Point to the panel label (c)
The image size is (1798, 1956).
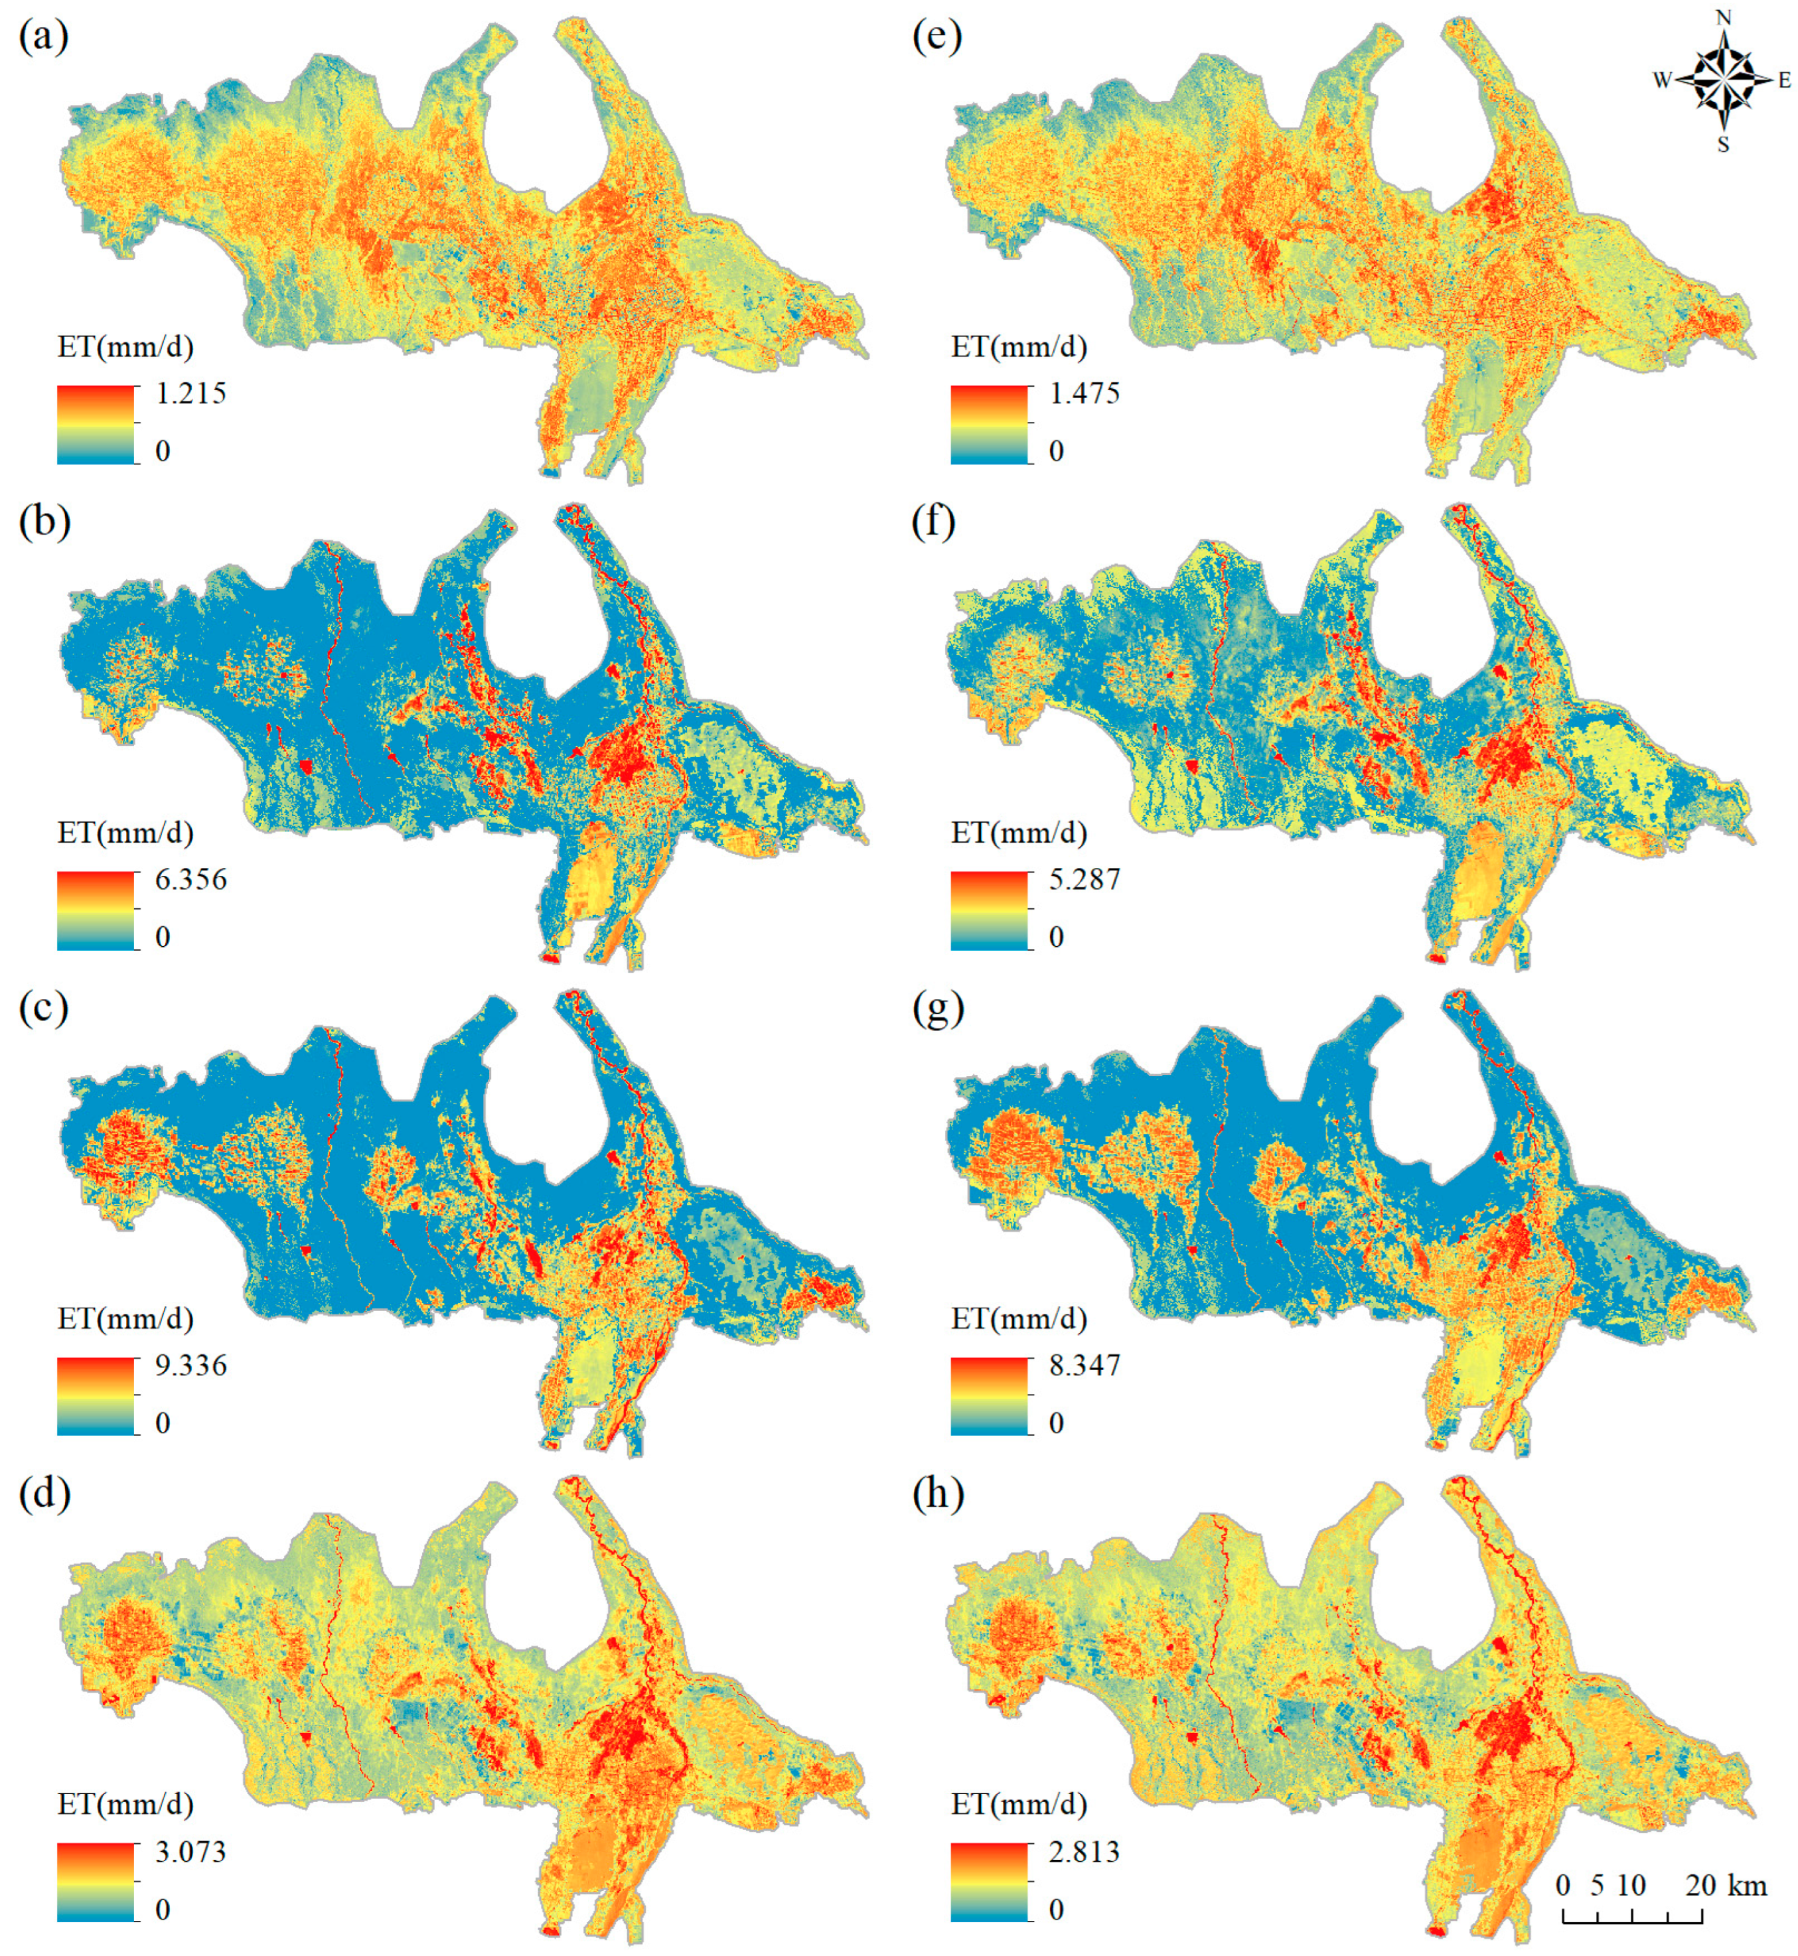44,1008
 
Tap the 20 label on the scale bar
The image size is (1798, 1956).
1700,1885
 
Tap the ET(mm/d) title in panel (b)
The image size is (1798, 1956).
125,833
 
